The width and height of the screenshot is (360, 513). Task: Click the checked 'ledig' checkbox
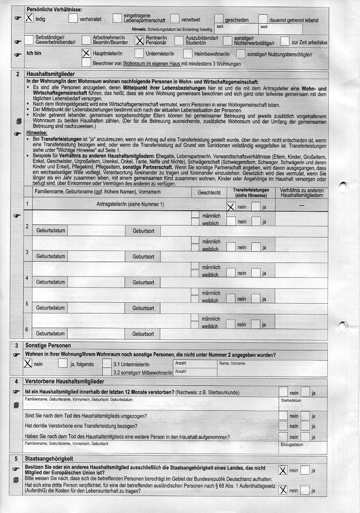pos(30,18)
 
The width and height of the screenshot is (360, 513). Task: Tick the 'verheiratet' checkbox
pos(73,19)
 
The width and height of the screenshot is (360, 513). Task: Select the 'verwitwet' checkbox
pos(175,19)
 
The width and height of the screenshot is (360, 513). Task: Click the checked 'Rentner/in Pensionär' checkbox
pos(139,40)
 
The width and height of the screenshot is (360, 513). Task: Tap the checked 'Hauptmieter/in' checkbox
pos(86,54)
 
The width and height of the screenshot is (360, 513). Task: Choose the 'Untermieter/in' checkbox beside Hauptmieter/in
pos(139,54)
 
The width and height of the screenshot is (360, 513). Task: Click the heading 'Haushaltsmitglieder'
pos(50,74)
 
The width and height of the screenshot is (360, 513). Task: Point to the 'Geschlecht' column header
pos(209,192)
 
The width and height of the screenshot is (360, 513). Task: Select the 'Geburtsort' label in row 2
pos(143,231)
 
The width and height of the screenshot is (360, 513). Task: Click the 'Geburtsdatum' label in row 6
pos(50,334)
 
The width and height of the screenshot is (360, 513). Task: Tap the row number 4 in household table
pos(27,279)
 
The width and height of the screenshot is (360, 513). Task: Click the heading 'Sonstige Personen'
pos(48,346)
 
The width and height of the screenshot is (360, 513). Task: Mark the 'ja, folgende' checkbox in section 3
pos(63,363)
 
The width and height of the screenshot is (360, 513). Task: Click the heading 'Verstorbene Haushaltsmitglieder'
pos(65,382)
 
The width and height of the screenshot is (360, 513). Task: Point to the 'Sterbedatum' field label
pos(291,400)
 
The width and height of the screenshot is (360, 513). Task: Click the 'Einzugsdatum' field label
pos(292,445)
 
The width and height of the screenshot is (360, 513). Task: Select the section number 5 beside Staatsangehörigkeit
pos(17,459)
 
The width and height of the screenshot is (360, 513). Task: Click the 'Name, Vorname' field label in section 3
pos(232,363)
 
